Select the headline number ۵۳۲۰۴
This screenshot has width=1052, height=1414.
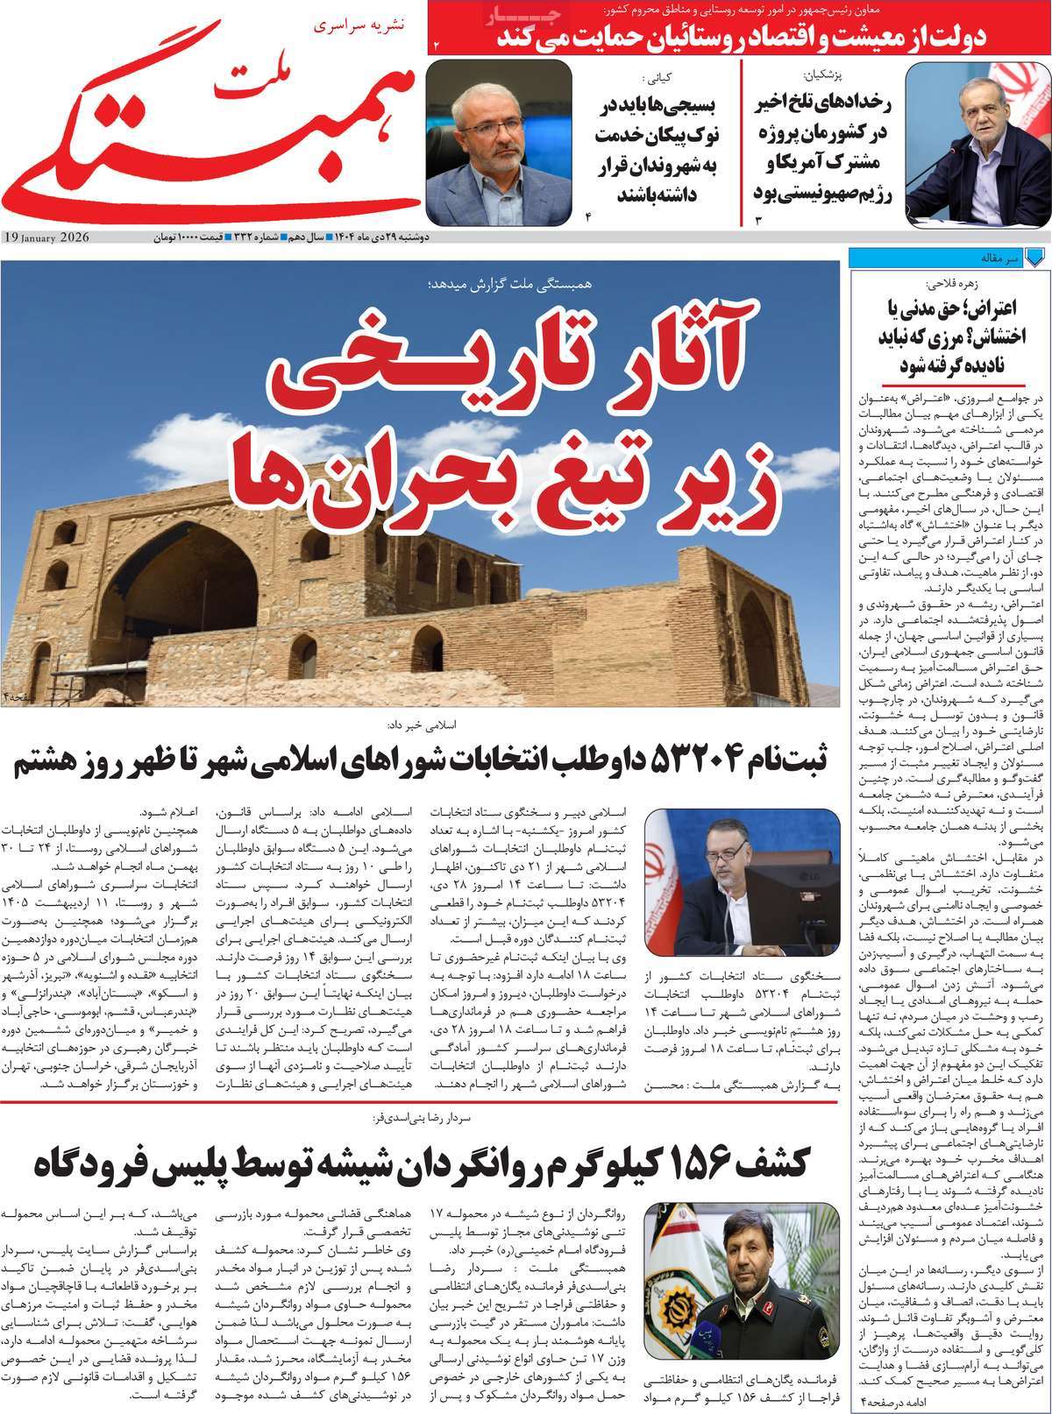click(x=698, y=759)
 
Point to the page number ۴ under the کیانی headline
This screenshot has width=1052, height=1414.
click(x=588, y=215)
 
